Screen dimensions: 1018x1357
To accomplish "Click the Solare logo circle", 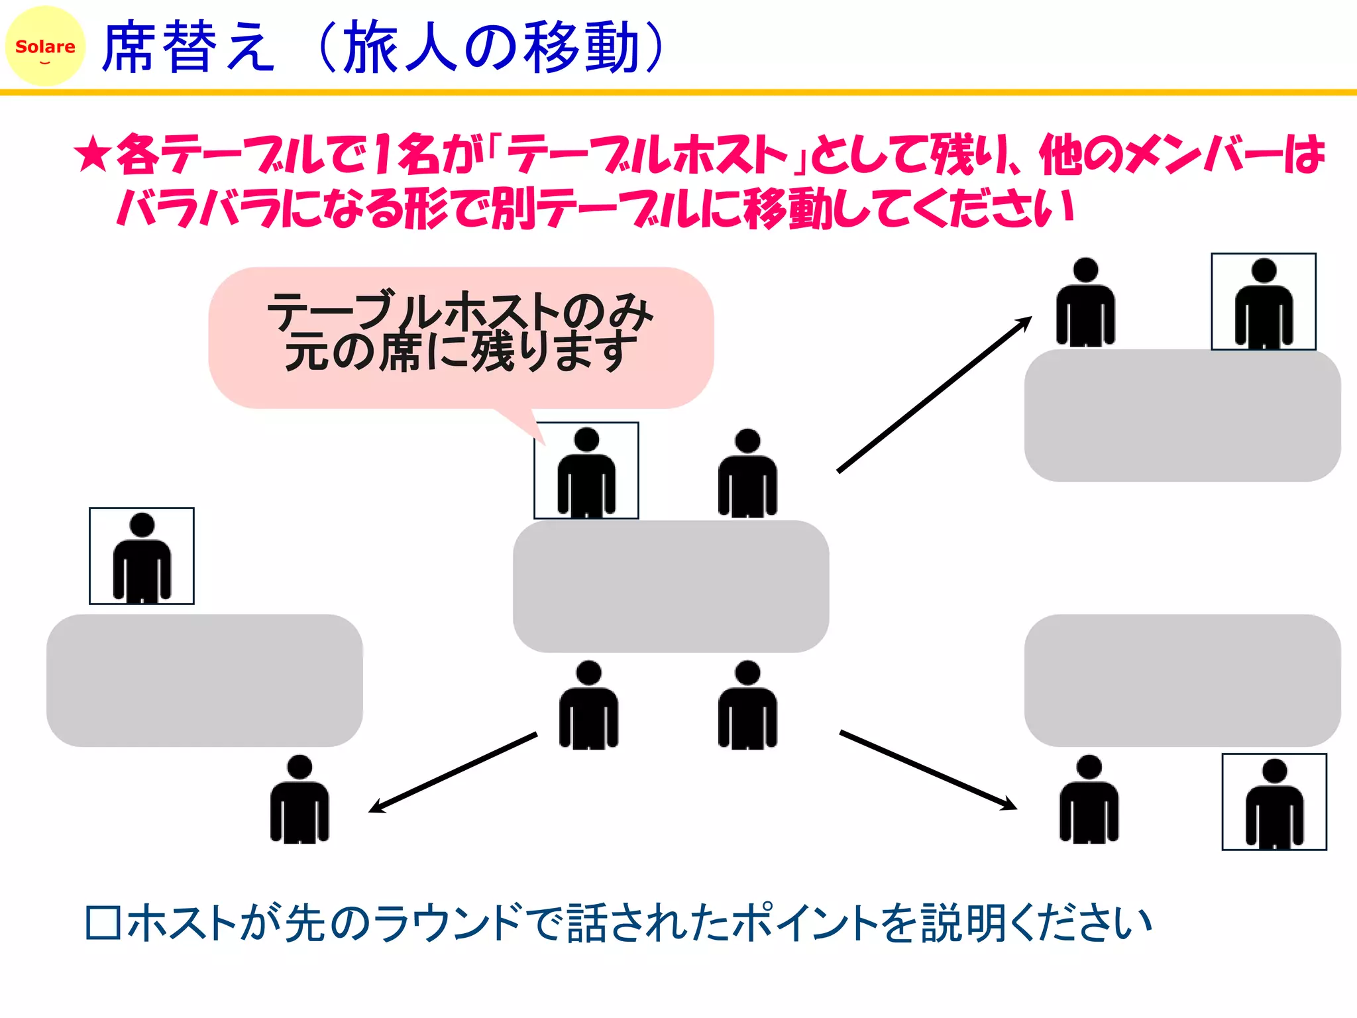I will point(45,46).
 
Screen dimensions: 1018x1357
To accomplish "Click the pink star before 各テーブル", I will point(92,154).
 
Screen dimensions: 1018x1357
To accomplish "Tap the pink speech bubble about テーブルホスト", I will point(461,338).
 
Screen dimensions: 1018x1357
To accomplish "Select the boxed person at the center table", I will point(586,471).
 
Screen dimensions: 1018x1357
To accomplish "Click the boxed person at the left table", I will point(142,557).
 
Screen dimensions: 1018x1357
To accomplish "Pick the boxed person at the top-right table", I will point(1264,302).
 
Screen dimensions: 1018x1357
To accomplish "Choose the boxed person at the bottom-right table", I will point(1274,802).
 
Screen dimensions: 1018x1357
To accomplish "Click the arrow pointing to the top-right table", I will point(934,395).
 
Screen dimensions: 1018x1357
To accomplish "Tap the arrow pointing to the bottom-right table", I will point(928,770).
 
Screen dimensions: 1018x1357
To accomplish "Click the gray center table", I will point(671,587).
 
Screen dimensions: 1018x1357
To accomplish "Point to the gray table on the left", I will point(204,681).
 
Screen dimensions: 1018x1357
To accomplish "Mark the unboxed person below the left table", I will point(299,800).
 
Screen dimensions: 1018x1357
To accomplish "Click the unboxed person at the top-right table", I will point(1085,303).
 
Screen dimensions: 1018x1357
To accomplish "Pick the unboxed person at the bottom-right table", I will point(1089,800).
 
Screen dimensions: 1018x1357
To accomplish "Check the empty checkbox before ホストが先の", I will point(103,923).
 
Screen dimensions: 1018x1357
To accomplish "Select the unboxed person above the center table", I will point(747,473).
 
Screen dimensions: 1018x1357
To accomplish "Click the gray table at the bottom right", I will point(1182,681).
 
